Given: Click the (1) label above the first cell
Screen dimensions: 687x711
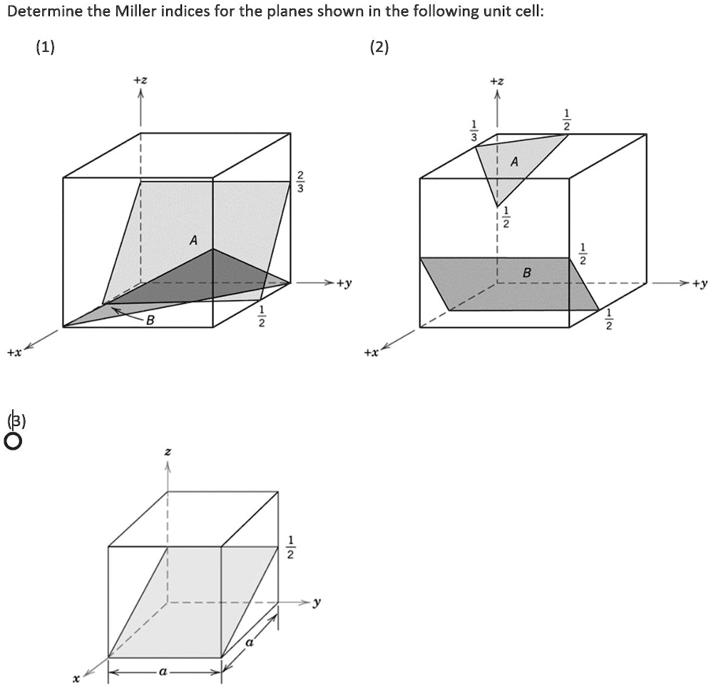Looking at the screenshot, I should click(x=45, y=48).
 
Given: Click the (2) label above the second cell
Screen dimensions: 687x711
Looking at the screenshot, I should click(x=380, y=48).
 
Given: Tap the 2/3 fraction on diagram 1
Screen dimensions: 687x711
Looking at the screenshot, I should click(x=300, y=182).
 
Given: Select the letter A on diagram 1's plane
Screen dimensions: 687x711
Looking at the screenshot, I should click(x=193, y=241).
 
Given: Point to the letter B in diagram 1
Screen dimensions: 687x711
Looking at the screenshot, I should click(x=150, y=321).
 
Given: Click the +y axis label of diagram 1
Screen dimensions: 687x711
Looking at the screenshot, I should click(x=344, y=284).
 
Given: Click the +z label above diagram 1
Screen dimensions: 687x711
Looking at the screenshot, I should click(x=140, y=82).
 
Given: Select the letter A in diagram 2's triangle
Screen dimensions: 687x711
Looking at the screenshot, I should click(x=513, y=162).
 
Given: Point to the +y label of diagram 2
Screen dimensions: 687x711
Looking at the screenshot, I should click(x=700, y=284).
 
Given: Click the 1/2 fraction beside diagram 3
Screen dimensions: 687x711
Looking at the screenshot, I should click(x=290, y=547).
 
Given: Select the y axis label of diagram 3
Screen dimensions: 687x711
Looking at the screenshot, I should click(x=317, y=602).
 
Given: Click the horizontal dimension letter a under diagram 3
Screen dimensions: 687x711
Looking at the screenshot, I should click(x=164, y=672).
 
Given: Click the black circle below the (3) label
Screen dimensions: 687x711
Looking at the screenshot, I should click(x=14, y=441).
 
